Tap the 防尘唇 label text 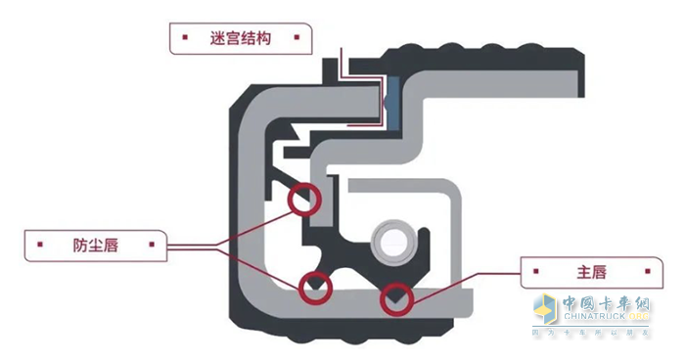pyautogui.click(x=95, y=243)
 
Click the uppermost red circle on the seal pyautogui.click(x=304, y=199)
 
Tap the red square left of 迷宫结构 pyautogui.click(x=183, y=40)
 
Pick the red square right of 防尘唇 pyautogui.click(x=152, y=243)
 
